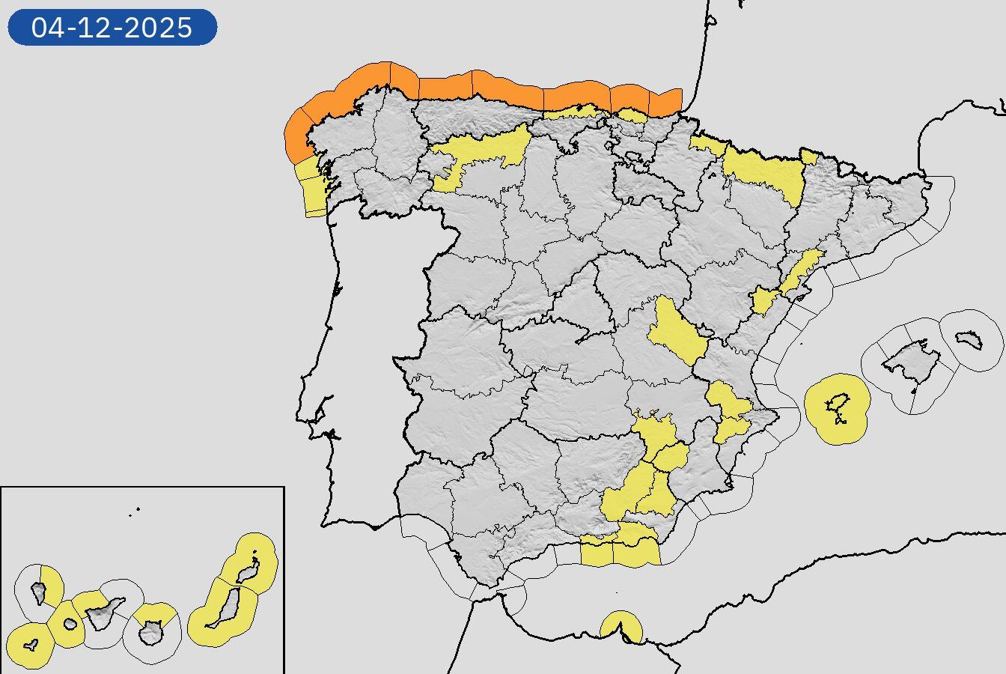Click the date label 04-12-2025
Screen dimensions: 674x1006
(x=112, y=28)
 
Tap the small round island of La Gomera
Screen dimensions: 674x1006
(x=70, y=623)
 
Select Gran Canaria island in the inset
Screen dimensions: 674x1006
(x=152, y=635)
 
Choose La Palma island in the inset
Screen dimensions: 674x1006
(x=39, y=593)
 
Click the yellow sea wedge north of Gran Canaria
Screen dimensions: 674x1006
(x=155, y=613)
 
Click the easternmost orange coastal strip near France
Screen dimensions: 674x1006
(x=665, y=103)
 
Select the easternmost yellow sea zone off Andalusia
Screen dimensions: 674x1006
(x=636, y=553)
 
